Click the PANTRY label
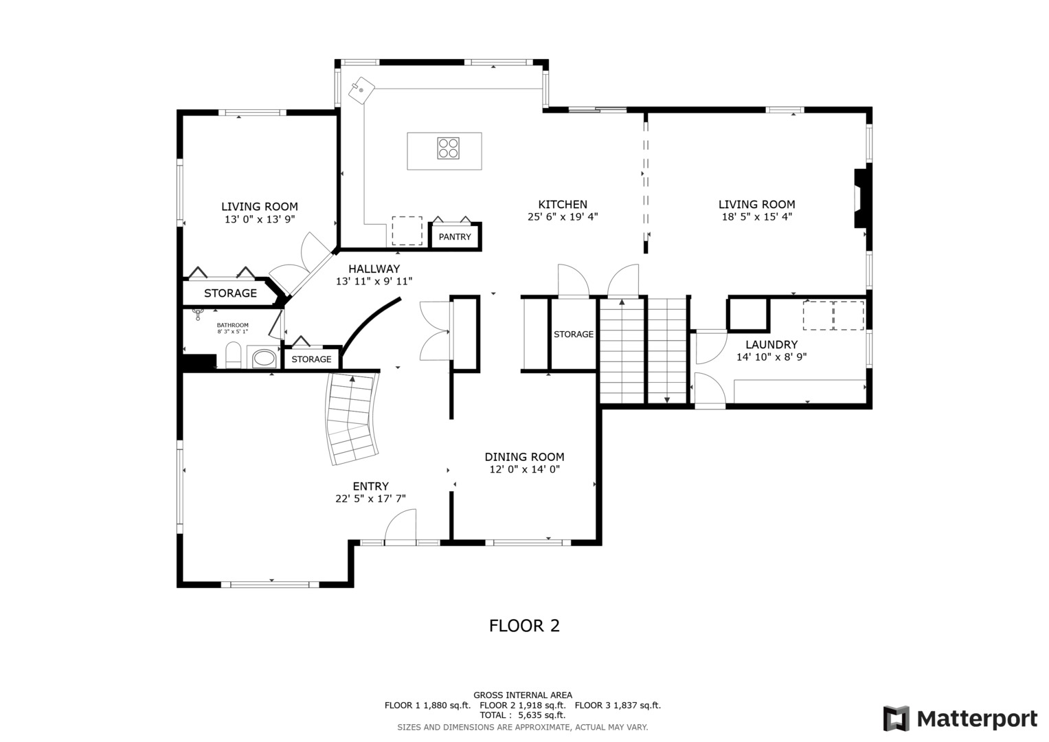click(x=454, y=237)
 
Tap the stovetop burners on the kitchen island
click(x=448, y=148)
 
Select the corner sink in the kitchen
click(x=361, y=91)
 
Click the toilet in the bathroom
click(x=233, y=355)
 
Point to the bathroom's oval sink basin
click(x=264, y=359)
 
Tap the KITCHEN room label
click(x=563, y=204)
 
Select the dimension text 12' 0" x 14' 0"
click(x=525, y=469)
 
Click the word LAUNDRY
click(x=771, y=345)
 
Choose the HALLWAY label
click(x=374, y=269)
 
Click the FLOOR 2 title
click(x=524, y=625)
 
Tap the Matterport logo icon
click(x=896, y=719)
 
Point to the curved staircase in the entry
click(x=352, y=418)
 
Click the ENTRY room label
click(x=370, y=486)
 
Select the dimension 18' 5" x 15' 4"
click(x=757, y=216)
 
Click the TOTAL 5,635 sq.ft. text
click(x=523, y=715)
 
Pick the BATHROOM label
click(x=232, y=325)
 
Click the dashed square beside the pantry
click(x=407, y=230)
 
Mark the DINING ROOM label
click(x=524, y=457)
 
